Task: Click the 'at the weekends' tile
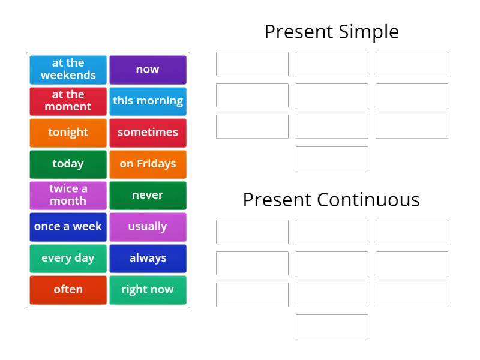pos(68,70)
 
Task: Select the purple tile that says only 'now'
pos(148,70)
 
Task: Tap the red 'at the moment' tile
pos(68,101)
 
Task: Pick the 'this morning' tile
pos(148,101)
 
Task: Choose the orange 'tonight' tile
pos(68,133)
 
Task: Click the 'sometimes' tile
pos(148,133)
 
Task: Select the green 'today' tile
pos(68,164)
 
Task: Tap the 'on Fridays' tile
pos(148,164)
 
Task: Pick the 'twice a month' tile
pos(68,195)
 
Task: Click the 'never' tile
pos(148,195)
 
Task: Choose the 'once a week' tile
pos(68,227)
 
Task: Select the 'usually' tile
pos(148,227)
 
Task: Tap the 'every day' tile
pos(68,258)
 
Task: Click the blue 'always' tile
pos(148,258)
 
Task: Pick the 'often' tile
pos(68,290)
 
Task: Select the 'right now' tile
pos(148,290)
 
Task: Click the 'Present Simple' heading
pos(331,32)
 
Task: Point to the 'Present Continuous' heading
pos(331,200)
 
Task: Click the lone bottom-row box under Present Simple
pos(332,158)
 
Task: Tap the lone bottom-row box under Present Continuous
pos(332,326)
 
